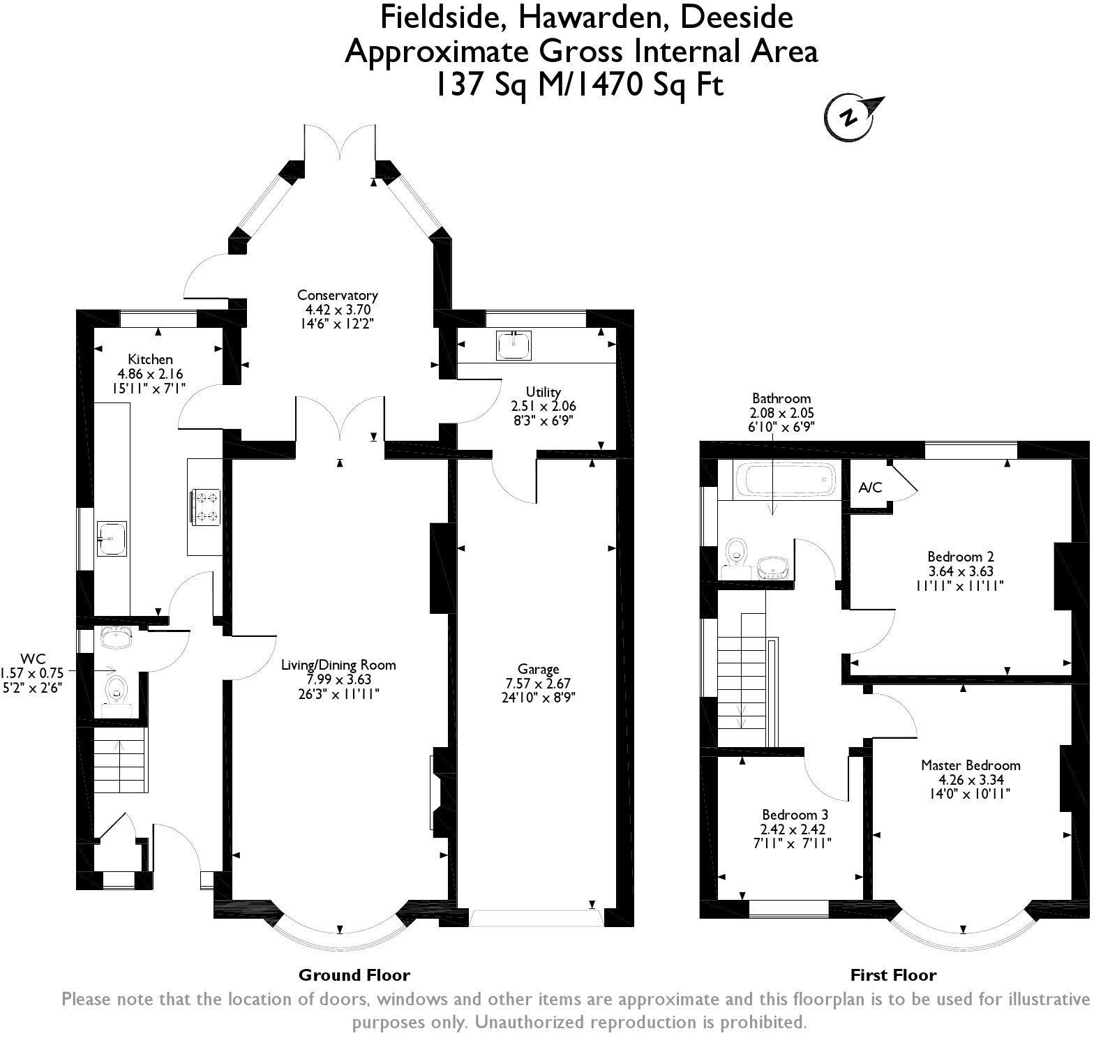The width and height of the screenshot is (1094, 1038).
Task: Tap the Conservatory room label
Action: [x=338, y=295]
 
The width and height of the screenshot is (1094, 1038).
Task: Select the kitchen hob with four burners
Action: [x=204, y=506]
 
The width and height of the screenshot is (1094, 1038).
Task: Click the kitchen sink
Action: [x=112, y=539]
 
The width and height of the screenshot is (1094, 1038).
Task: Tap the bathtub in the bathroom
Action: [x=785, y=480]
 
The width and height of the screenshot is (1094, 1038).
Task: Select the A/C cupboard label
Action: [x=871, y=488]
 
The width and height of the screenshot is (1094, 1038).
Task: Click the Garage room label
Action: [x=539, y=670]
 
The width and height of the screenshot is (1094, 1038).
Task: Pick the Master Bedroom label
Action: [x=971, y=765]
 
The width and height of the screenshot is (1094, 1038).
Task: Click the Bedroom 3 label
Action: [x=795, y=815]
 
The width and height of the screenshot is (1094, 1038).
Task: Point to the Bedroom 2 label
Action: [x=960, y=557]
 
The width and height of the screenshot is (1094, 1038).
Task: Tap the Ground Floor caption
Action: [x=354, y=975]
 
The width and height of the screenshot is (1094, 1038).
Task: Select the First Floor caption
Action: [x=893, y=975]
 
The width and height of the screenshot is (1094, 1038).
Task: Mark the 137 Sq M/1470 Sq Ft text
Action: [x=580, y=85]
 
